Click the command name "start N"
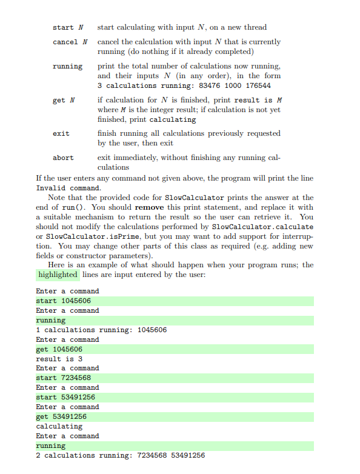pyautogui.click(x=67, y=27)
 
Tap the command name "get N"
pyautogui.click(x=64, y=100)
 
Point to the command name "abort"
pyautogui.click(x=63, y=158)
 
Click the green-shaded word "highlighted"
pyautogui.click(x=58, y=275)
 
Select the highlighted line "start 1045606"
pyautogui.click(x=64, y=301)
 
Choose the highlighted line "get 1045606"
pyautogui.click(x=59, y=349)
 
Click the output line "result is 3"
pyautogui.click(x=59, y=359)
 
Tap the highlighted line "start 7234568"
pyautogui.click(x=64, y=378)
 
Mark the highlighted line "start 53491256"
pyautogui.click(x=65, y=397)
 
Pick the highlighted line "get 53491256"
pyautogui.click(x=61, y=416)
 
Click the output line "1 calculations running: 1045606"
pyautogui.click(x=101, y=330)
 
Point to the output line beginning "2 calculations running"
pyautogui.click(x=120, y=455)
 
